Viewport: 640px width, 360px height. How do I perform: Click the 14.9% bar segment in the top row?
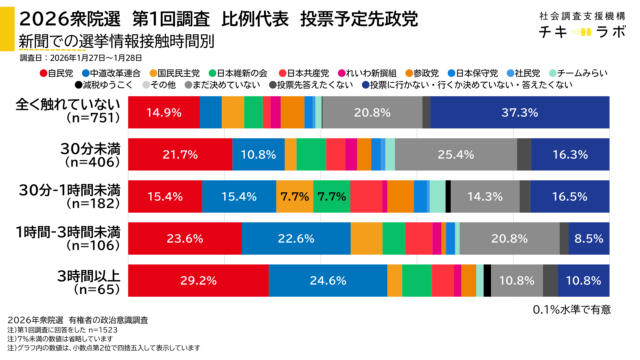coord(163,112)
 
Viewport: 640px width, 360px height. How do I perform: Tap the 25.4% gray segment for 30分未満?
coord(455,154)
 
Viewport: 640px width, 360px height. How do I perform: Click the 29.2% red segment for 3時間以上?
coord(198,280)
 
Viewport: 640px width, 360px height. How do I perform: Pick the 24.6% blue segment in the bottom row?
coord(327,280)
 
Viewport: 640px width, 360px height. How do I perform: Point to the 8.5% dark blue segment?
coord(588,238)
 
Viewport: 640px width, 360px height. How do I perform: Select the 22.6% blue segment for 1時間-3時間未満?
coord(295,238)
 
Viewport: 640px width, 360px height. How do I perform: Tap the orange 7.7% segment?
coord(294,196)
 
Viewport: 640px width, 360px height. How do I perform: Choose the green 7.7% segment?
coord(331,196)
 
